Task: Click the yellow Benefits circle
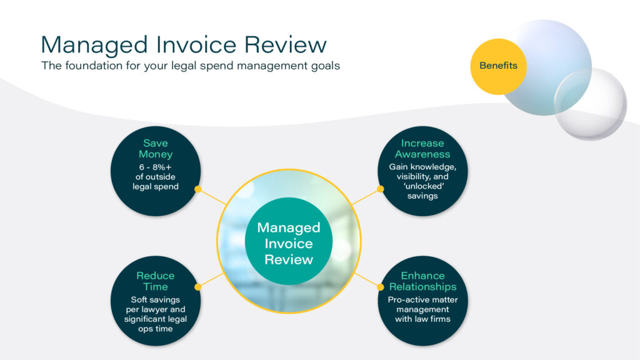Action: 498,66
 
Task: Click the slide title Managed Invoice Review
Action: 183,44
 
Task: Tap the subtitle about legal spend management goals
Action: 190,66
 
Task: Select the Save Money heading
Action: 155,149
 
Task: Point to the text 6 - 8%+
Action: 155,167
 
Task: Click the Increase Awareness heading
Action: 422,149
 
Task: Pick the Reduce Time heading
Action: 155,281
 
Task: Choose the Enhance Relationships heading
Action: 422,281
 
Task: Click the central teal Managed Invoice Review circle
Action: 289,243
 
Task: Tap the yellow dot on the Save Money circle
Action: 197,189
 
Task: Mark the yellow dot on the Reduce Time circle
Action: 197,287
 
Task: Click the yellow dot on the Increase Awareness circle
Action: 379,189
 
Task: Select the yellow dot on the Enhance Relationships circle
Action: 379,287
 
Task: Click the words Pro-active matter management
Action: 422,304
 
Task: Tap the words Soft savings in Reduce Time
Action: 155,299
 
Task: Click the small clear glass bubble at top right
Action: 591,104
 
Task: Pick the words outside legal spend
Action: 155,182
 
